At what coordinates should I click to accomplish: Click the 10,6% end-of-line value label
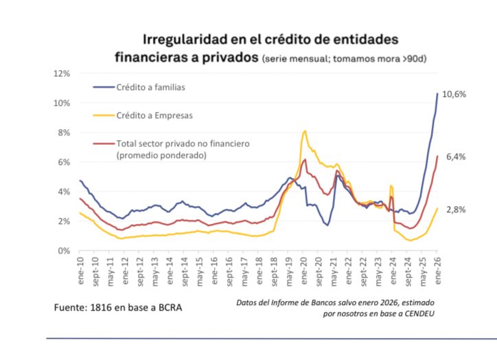pyautogui.click(x=454, y=95)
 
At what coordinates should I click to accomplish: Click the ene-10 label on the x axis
pyautogui.click(x=80, y=269)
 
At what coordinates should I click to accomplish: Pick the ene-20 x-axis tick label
pyautogui.click(x=304, y=269)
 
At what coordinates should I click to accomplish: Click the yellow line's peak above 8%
pyautogui.click(x=305, y=131)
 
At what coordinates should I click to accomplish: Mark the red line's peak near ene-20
pyautogui.click(x=304, y=159)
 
